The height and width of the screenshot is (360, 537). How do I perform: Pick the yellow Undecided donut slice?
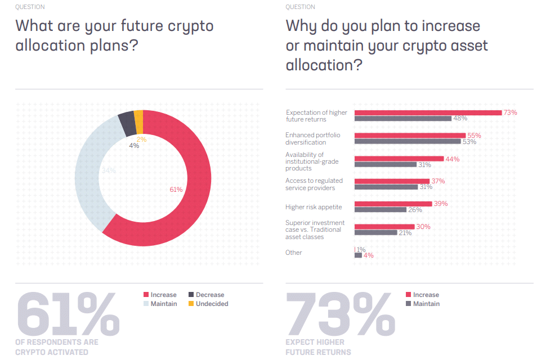coord(138,119)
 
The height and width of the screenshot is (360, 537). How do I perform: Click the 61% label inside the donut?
coord(176,190)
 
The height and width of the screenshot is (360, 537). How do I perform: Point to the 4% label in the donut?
coord(134,146)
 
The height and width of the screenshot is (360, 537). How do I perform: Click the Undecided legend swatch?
coord(191,304)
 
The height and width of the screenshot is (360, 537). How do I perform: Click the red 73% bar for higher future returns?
coord(428,112)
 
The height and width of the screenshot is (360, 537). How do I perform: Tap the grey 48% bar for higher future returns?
coord(402,119)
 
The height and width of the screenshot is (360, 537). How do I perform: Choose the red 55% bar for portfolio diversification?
coord(410,136)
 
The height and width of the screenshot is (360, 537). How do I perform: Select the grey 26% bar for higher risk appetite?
coord(380,210)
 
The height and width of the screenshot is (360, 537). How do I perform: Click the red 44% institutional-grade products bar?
coord(399,159)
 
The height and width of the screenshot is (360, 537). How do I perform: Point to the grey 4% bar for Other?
coord(358,255)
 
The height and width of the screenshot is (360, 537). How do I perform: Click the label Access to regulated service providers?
coord(314,184)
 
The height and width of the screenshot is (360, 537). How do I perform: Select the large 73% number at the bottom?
coord(340,314)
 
